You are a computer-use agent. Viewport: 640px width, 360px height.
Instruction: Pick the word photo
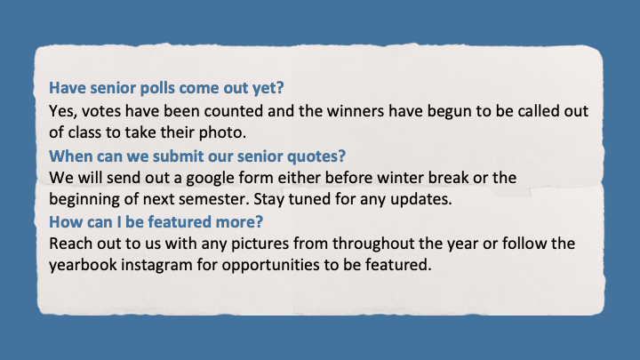(x=222, y=133)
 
